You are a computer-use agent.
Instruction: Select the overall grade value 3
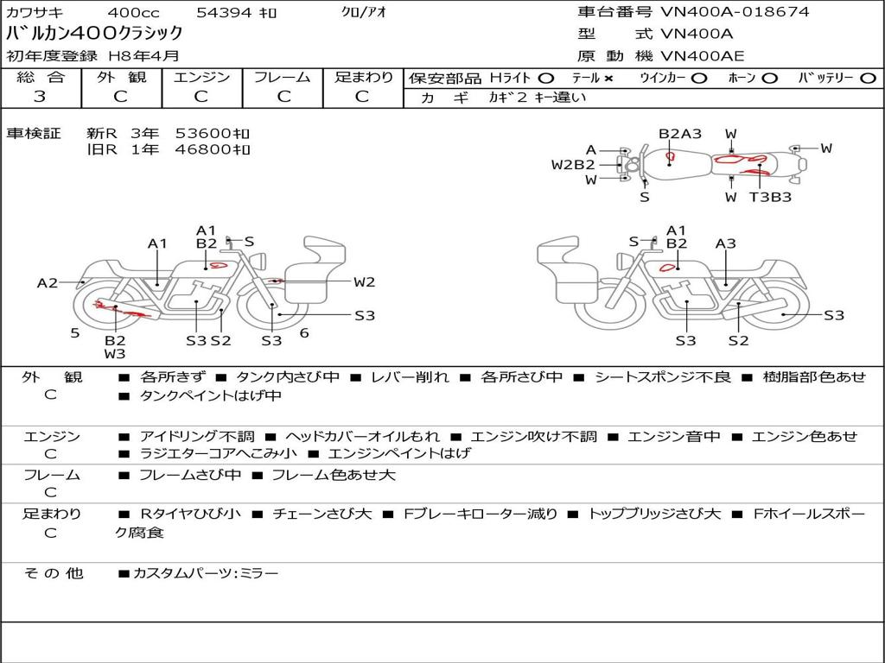(40, 97)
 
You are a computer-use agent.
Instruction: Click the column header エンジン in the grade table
(201, 78)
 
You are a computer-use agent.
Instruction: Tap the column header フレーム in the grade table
(282, 78)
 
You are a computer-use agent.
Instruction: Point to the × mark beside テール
(608, 79)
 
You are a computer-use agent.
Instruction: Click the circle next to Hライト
(546, 79)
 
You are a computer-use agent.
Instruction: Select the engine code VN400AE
(702, 57)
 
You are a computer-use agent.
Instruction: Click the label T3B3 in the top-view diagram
(769, 197)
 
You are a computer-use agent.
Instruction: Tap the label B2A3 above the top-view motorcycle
(680, 134)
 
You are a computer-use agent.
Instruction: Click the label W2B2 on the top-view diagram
(573, 165)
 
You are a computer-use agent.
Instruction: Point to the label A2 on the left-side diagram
(48, 282)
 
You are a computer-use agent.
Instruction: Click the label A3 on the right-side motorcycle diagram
(726, 244)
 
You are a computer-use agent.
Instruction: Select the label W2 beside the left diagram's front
(364, 281)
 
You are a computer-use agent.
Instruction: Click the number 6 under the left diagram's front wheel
(304, 333)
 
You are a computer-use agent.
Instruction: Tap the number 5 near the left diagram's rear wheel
(74, 332)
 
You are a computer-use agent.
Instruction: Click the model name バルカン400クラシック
(95, 34)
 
